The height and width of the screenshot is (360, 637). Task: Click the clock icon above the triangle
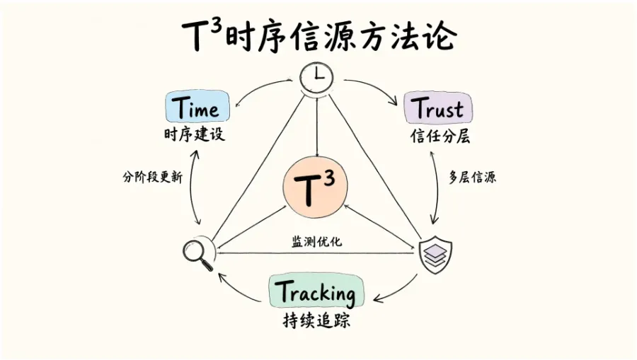click(316, 78)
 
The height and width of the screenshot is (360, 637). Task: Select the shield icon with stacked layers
click(435, 255)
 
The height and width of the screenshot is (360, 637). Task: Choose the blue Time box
click(197, 106)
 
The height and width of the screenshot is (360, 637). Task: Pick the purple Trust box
click(438, 108)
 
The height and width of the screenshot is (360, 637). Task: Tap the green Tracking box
click(316, 291)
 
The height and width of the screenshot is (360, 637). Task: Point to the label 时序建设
click(195, 134)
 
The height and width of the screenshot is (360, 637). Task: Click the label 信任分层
click(440, 137)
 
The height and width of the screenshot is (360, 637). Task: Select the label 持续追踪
click(316, 320)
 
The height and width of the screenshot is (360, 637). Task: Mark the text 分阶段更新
click(153, 177)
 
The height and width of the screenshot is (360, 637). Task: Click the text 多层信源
click(473, 177)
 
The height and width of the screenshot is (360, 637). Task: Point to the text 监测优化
click(317, 241)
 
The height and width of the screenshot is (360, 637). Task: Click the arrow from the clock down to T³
click(317, 125)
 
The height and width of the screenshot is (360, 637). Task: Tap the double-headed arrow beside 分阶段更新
click(193, 187)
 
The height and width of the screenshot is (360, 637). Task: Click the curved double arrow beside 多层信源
click(437, 187)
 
